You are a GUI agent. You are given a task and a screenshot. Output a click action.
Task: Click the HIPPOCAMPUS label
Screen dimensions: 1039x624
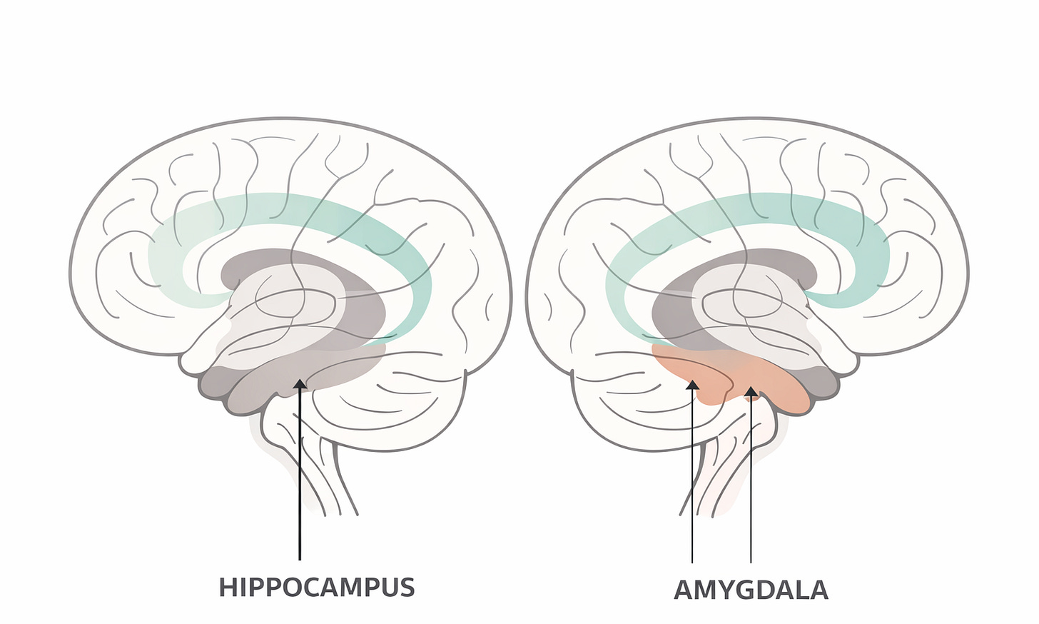tap(316, 587)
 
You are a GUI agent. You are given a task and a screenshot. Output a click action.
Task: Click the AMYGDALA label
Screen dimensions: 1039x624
tap(751, 590)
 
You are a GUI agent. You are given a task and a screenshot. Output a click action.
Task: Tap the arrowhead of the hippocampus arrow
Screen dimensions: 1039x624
tap(300, 385)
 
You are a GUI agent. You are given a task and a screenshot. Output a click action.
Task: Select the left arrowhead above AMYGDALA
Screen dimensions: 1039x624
tap(691, 386)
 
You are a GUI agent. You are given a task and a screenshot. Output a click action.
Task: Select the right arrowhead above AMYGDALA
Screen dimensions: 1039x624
tap(751, 391)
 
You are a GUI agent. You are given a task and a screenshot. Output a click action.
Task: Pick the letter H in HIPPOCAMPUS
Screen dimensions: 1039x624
tap(228, 587)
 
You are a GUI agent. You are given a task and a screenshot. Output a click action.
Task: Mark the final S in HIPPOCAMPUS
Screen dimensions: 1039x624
tap(406, 587)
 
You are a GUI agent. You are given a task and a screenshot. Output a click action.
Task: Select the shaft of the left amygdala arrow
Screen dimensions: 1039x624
tap(691, 485)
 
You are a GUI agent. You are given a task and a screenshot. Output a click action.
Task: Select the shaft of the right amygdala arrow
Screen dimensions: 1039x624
tap(751, 485)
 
